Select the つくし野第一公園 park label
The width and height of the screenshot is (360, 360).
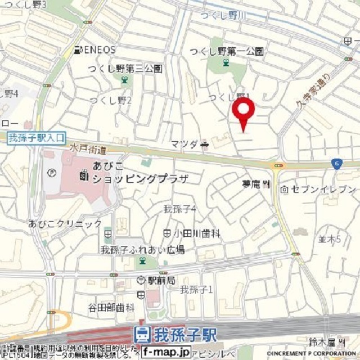tap(227, 52)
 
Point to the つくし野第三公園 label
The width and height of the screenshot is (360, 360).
tap(125, 69)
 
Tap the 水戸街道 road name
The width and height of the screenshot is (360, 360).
tap(88, 147)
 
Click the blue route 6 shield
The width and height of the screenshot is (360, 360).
tap(336, 163)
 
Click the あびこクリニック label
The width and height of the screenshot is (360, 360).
tap(65, 223)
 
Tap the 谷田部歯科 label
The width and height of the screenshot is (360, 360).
tap(111, 308)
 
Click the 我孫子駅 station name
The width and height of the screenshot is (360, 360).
tap(178, 334)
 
